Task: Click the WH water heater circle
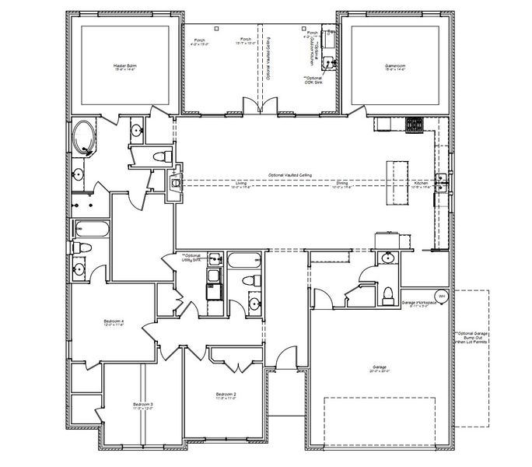click(x=442, y=296)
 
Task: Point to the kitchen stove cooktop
click(x=413, y=123)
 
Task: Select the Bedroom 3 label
click(x=142, y=406)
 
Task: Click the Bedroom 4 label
click(x=114, y=323)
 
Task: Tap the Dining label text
click(x=341, y=185)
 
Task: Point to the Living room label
click(x=241, y=185)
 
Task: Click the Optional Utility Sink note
click(x=191, y=258)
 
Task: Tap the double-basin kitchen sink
click(x=442, y=181)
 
